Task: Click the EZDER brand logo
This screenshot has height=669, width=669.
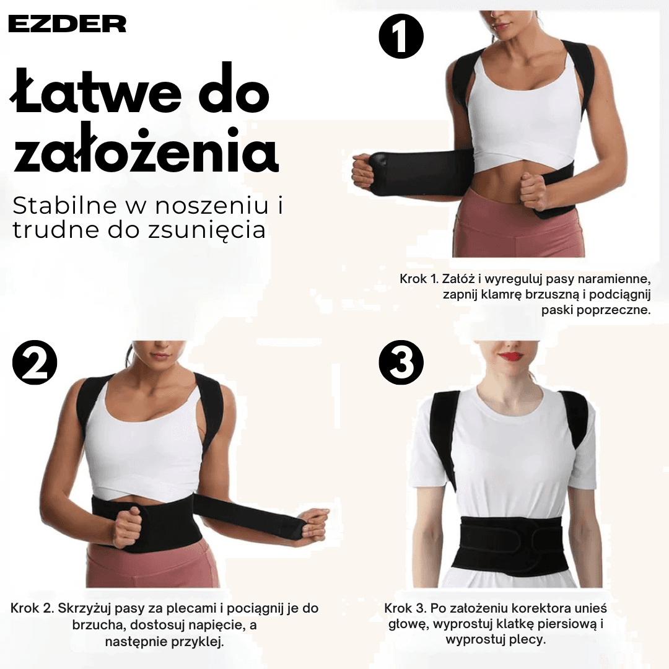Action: [67, 24]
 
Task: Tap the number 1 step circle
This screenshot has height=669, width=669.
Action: [401, 36]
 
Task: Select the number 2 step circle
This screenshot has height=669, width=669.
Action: [35, 363]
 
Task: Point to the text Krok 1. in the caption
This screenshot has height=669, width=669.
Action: [419, 279]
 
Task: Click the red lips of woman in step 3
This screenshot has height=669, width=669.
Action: [510, 356]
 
